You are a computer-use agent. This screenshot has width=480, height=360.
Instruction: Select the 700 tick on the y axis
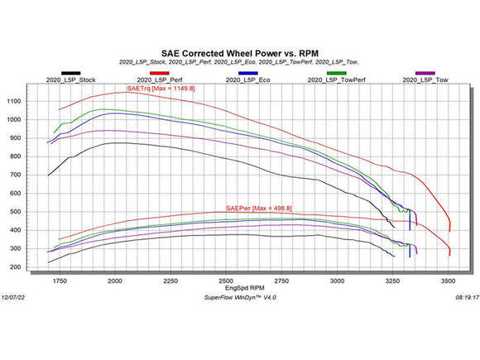(x=36, y=175)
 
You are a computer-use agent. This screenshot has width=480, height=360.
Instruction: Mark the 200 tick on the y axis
(x=36, y=267)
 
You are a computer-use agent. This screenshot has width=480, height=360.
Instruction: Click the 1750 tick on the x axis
(x=59, y=281)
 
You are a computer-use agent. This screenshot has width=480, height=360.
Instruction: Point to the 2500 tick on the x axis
(x=226, y=281)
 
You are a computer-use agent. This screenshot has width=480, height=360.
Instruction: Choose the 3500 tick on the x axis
(x=449, y=281)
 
